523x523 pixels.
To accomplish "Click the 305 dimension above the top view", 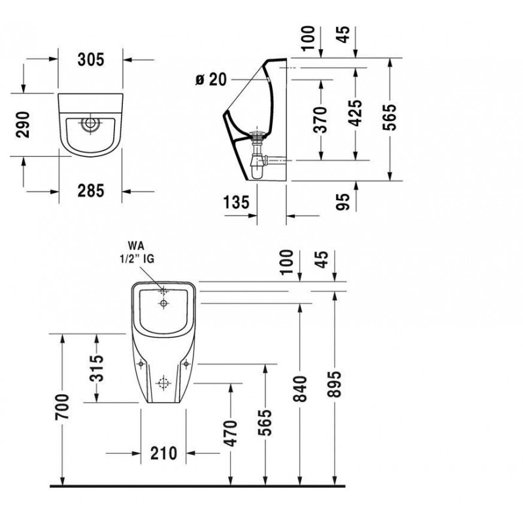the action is [91, 59].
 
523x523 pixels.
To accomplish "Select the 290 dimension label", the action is [23, 124].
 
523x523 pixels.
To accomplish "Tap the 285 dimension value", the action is [91, 191].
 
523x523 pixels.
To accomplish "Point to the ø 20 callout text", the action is [211, 80].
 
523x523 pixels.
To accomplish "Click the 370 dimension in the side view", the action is [321, 120].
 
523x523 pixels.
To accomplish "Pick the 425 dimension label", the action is [355, 113].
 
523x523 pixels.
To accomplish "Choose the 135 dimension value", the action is [236, 203].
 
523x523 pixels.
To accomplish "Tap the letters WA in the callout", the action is [136, 246].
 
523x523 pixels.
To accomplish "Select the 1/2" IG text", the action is [137, 259].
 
